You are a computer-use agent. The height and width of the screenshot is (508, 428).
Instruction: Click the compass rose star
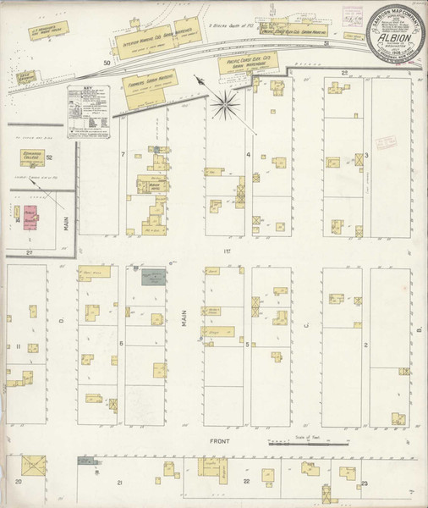click(226, 104)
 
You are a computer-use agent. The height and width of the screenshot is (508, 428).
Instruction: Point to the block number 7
click(123, 154)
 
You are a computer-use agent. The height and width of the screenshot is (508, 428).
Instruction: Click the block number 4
click(248, 154)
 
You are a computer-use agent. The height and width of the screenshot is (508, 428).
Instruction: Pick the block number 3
click(365, 156)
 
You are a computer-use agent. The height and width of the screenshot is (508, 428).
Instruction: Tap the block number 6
click(123, 342)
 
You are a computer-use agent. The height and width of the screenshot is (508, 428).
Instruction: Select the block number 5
click(247, 344)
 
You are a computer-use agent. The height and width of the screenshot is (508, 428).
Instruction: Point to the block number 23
click(364, 482)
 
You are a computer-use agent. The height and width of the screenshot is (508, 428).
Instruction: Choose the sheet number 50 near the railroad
click(107, 63)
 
